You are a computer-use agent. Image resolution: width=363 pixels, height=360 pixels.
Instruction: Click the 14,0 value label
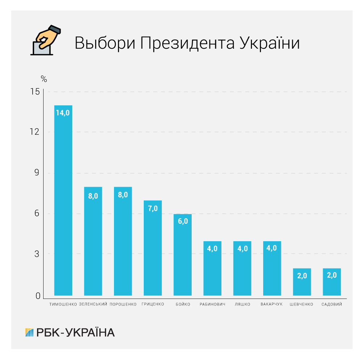tap(63, 113)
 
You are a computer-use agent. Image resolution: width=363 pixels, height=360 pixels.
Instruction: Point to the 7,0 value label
tap(153, 208)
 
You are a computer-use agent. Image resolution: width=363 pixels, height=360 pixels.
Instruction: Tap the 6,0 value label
tap(183, 222)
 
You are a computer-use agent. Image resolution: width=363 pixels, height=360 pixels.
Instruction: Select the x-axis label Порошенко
tap(123, 304)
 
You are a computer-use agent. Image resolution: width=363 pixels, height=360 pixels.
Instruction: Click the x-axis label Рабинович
tap(212, 304)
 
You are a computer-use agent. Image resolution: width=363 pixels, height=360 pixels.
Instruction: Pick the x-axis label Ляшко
tap(242, 304)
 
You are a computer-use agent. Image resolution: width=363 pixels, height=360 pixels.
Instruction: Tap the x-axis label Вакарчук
tap(272, 304)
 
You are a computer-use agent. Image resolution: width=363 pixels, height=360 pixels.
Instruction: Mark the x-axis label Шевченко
tap(302, 304)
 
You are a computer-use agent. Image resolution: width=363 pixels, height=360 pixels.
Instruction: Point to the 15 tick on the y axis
tap(35, 92)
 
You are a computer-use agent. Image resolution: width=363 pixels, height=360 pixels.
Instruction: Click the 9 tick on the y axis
tap(37, 173)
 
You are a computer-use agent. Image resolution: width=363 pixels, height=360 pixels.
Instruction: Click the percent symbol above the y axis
tap(44, 78)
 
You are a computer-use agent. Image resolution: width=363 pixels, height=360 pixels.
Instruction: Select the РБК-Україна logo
tap(70, 332)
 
